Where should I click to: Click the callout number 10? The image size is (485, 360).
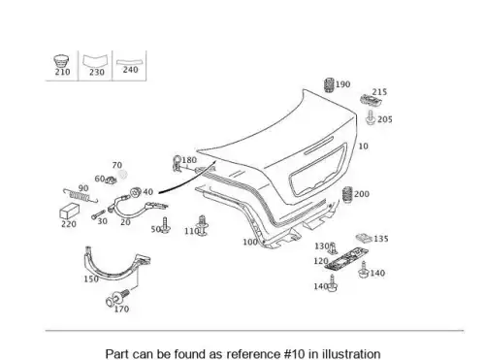[x=364, y=147]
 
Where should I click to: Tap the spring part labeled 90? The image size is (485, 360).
[x=80, y=196]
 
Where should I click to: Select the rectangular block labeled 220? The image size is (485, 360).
[x=69, y=212]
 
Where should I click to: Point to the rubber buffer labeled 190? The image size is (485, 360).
[x=329, y=85]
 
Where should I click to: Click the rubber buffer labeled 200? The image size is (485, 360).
[x=347, y=195]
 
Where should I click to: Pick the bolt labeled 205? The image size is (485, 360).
[x=371, y=117]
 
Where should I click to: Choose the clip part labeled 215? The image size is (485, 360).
[x=372, y=100]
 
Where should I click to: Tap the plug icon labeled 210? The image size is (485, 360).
[x=61, y=61]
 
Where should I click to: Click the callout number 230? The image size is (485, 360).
[x=97, y=72]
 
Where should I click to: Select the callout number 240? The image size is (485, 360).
[x=130, y=70]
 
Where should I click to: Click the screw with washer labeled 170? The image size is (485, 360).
[x=117, y=297]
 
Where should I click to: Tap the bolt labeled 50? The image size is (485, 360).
[x=166, y=225]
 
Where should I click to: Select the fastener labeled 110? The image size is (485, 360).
[x=203, y=225]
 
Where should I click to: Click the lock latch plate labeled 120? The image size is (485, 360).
[x=346, y=258]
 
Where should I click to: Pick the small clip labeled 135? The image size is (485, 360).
[x=364, y=239]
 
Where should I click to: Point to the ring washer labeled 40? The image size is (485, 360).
[x=135, y=192]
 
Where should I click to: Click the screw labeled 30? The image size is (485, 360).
[x=98, y=214]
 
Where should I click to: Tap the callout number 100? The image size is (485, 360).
[x=250, y=242]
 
